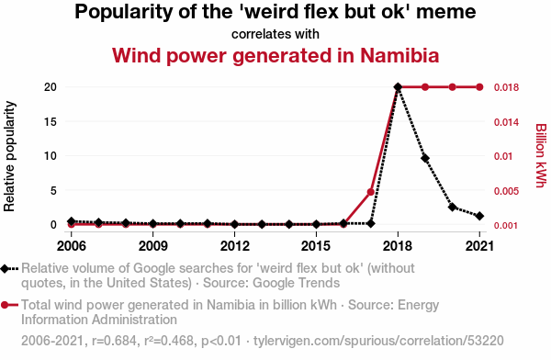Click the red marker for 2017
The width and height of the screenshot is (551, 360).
click(370, 192)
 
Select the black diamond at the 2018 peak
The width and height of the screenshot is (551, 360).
click(398, 87)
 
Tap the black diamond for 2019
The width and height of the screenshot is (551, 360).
click(425, 158)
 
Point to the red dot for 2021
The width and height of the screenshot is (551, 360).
click(479, 87)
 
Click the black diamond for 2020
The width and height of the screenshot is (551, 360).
click(452, 207)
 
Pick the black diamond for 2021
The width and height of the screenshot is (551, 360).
click(479, 216)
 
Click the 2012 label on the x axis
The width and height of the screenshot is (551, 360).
click(235, 246)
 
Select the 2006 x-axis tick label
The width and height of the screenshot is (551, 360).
click(72, 246)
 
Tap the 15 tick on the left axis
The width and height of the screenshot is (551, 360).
click(51, 121)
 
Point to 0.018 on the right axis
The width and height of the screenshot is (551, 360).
click(506, 87)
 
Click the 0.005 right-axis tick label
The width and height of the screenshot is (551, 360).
click(506, 191)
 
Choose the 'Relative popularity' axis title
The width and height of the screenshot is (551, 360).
click(9, 156)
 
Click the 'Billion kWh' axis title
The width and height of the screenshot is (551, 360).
click(541, 155)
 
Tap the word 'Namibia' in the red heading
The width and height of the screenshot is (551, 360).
click(399, 55)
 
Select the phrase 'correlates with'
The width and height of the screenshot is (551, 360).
click(275, 34)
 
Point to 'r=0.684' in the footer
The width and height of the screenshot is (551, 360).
click(114, 341)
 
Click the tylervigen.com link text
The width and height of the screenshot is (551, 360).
click(378, 341)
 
